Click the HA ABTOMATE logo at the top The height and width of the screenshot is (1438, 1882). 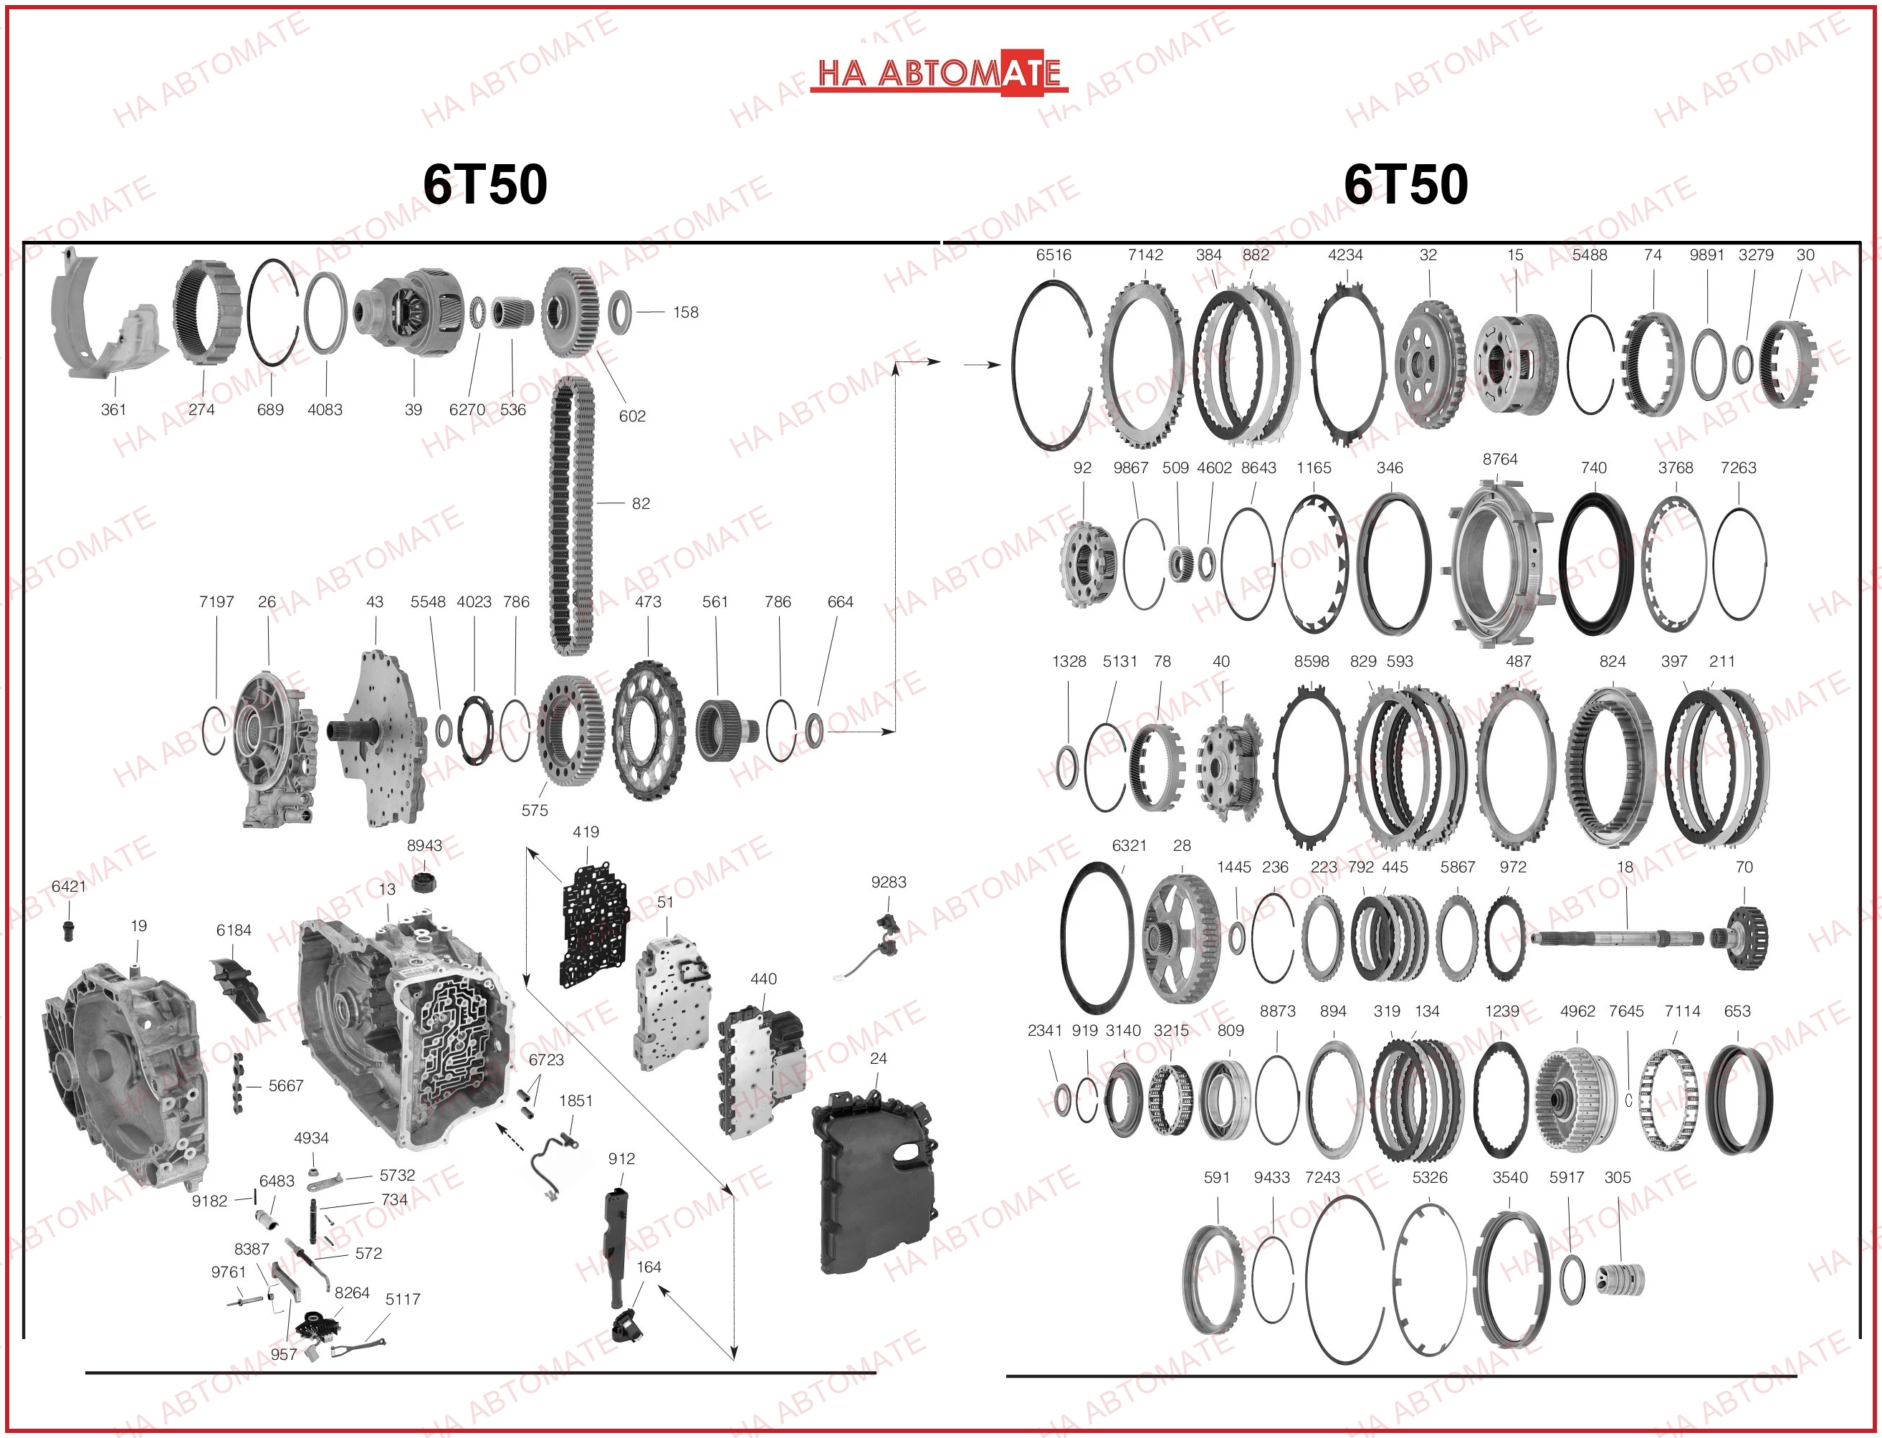point(939,72)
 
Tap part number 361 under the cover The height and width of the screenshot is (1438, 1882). point(114,410)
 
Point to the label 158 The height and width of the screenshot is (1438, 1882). point(686,313)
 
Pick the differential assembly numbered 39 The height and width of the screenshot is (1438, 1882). point(409,313)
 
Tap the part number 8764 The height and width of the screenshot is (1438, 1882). point(1499,460)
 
